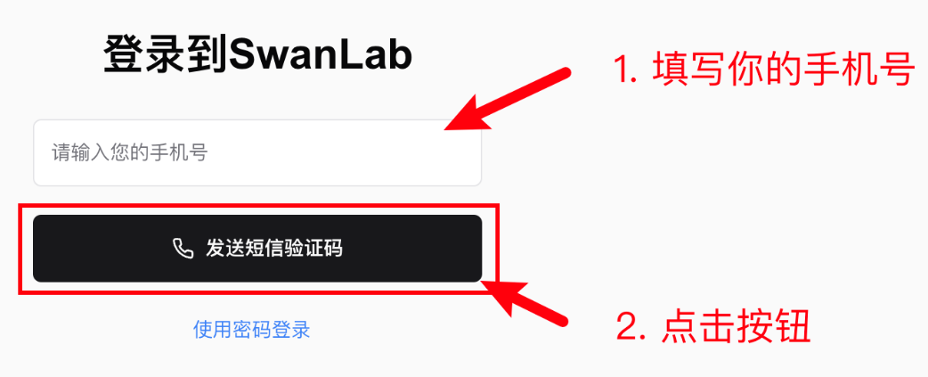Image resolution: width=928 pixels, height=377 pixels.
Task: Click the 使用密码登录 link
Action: click(251, 330)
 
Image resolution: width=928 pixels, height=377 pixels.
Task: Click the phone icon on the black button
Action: click(183, 249)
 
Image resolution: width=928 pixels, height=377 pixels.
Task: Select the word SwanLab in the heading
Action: click(321, 55)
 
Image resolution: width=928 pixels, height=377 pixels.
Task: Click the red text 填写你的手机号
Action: click(783, 70)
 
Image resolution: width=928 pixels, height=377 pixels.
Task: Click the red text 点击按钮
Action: click(736, 328)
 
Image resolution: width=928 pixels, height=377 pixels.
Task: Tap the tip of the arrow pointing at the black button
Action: click(485, 283)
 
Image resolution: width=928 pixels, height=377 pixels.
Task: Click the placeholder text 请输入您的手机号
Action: click(129, 153)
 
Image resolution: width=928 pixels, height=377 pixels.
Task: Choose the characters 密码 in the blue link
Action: click(251, 330)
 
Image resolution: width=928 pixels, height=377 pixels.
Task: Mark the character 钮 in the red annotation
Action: click(792, 328)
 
